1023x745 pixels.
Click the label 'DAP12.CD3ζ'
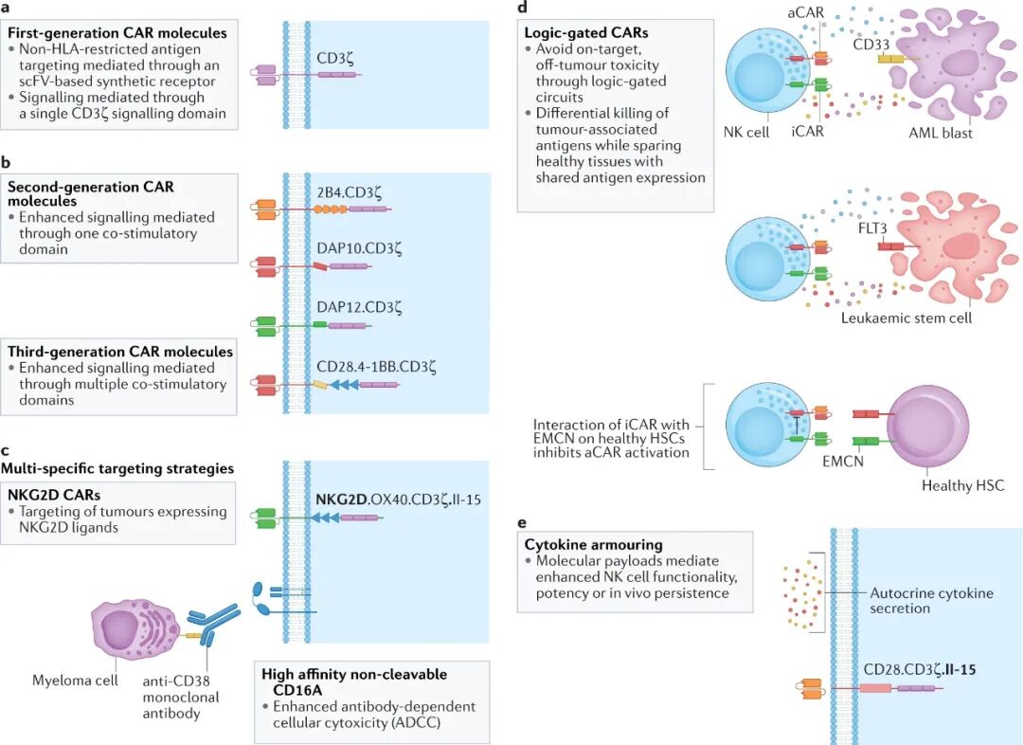360,307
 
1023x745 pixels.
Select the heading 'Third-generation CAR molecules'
120,352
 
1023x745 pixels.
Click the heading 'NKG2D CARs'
54,495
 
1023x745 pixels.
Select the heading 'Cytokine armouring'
592,545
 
